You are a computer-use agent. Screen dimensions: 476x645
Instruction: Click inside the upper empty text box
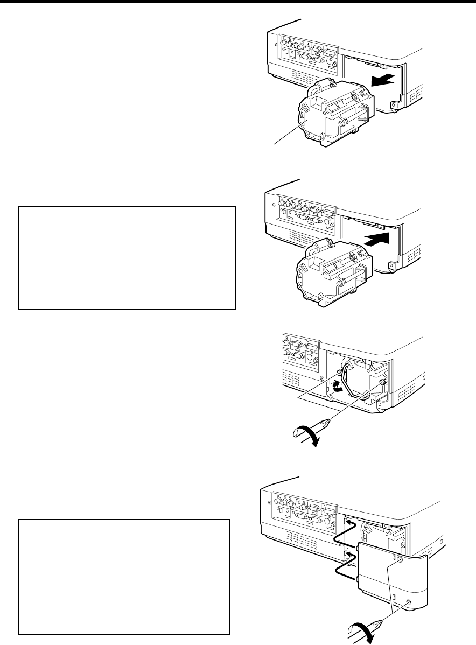coord(127,257)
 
